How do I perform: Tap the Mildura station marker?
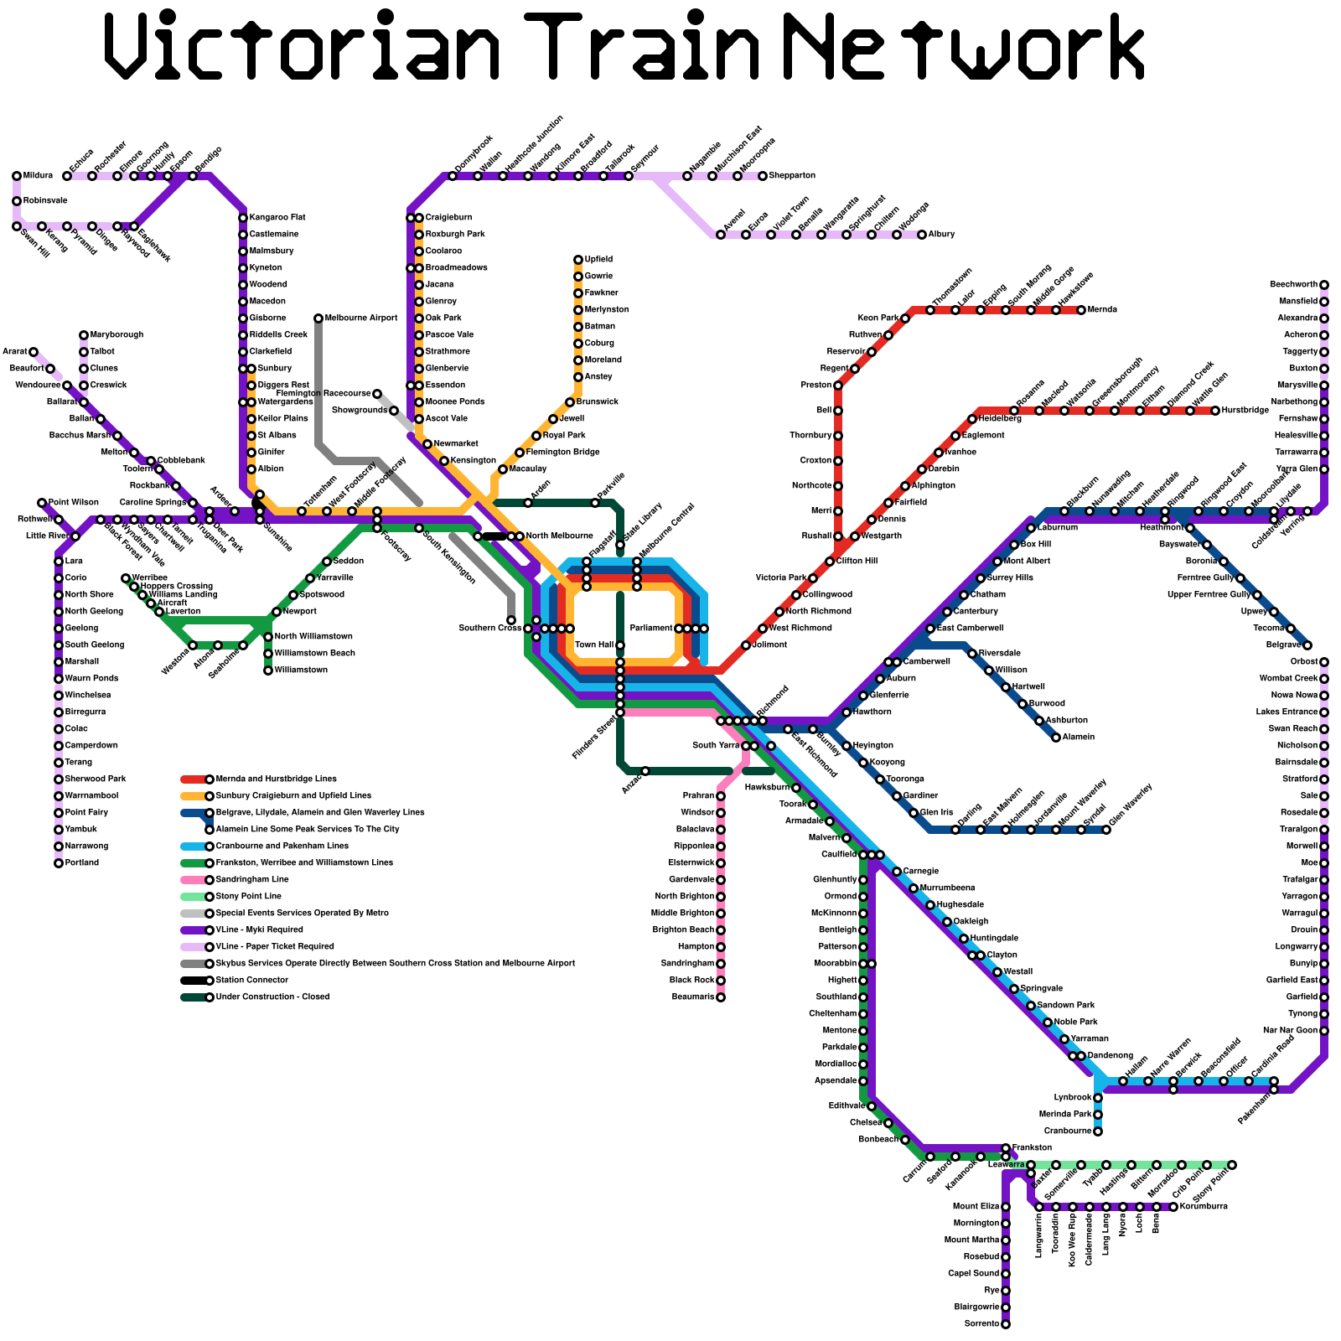(x=17, y=176)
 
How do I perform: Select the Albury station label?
(x=941, y=235)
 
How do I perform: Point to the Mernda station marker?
(x=1081, y=310)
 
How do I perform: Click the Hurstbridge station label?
(x=1245, y=411)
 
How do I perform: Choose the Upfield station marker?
(x=578, y=260)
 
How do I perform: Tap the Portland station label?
(x=82, y=863)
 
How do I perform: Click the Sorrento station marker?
(x=1006, y=1324)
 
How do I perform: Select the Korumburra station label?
(x=1204, y=1207)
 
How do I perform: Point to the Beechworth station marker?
(x=1324, y=285)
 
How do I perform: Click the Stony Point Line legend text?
(x=249, y=897)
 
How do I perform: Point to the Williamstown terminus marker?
(x=268, y=670)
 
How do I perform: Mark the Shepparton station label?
(x=792, y=176)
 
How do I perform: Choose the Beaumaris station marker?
(x=721, y=997)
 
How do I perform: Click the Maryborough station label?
(x=116, y=335)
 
